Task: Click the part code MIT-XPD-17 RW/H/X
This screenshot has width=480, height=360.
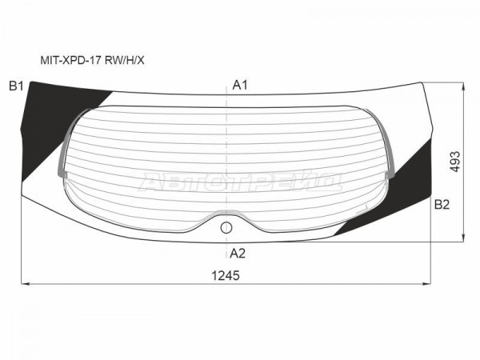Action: click(92, 61)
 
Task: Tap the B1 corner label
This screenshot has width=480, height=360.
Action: click(16, 86)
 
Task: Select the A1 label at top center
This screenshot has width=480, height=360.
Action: click(240, 85)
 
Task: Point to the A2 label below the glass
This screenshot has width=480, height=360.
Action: click(238, 254)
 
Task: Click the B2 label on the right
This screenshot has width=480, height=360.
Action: click(442, 204)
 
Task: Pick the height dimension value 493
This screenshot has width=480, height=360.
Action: click(455, 162)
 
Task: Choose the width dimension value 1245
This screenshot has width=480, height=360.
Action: click(226, 276)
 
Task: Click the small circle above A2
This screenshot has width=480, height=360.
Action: click(226, 227)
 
